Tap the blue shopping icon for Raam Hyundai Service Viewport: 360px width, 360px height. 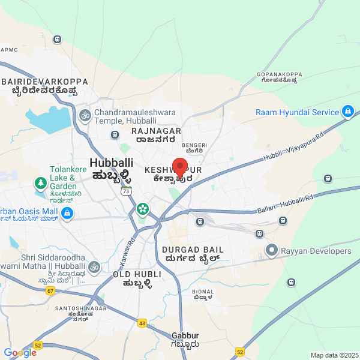pyautogui.click(x=347, y=112)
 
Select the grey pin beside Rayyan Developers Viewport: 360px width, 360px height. pyautogui.click(x=272, y=250)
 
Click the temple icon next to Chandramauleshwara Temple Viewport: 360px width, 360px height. pyautogui.click(x=85, y=114)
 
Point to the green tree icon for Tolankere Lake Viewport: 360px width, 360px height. pyautogui.click(x=40, y=182)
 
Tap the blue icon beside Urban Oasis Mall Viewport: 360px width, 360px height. pyautogui.click(x=67, y=213)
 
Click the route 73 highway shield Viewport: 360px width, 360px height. pyautogui.click(x=125, y=191)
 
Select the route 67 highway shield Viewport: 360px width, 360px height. pyautogui.click(x=50, y=290)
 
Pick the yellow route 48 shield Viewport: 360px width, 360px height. pyautogui.click(x=142, y=323)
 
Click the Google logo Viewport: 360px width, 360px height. pyautogui.click(x=20, y=353)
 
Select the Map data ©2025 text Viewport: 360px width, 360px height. pyautogui.click(x=334, y=355)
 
